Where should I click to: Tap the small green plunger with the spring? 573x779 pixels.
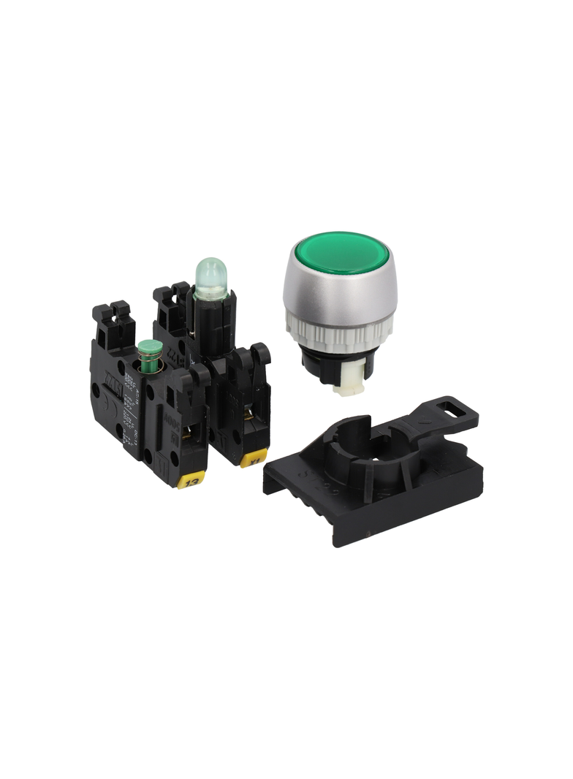tap(151, 348)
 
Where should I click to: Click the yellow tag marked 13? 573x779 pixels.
tap(192, 482)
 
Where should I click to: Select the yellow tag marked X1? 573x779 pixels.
tap(253, 460)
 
